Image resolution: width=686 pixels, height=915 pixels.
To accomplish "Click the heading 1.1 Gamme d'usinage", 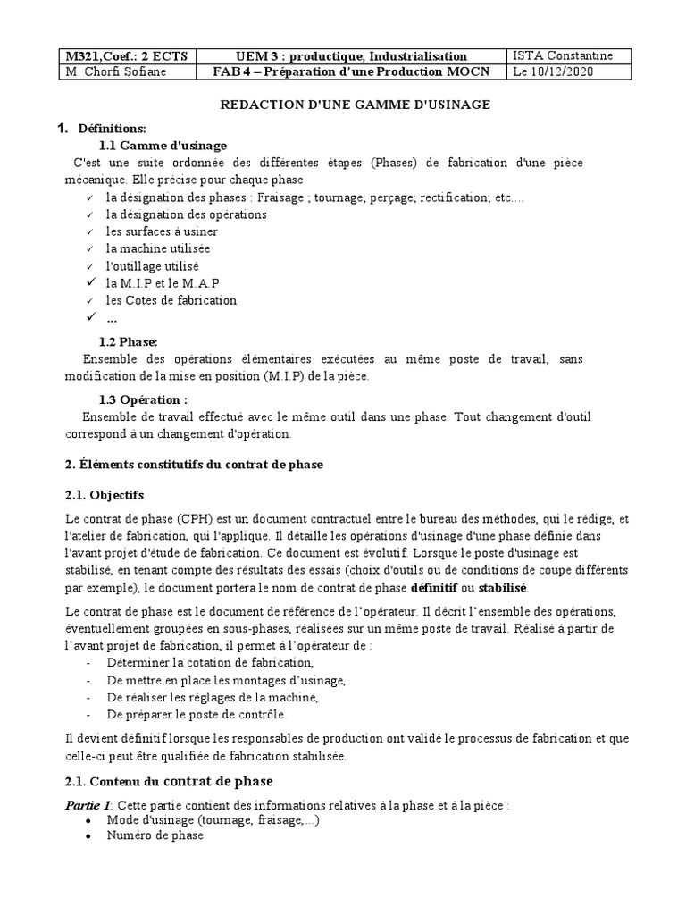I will [x=163, y=146].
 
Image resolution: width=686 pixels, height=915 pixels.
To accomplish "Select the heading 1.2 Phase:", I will [x=129, y=341].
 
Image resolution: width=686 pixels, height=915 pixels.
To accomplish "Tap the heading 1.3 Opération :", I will [x=143, y=399].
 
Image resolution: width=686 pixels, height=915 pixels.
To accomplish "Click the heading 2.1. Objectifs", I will [x=105, y=494].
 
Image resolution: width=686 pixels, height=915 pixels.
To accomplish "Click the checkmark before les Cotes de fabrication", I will [x=89, y=300].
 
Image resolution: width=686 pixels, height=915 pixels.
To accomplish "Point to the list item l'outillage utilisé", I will [x=152, y=266].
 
